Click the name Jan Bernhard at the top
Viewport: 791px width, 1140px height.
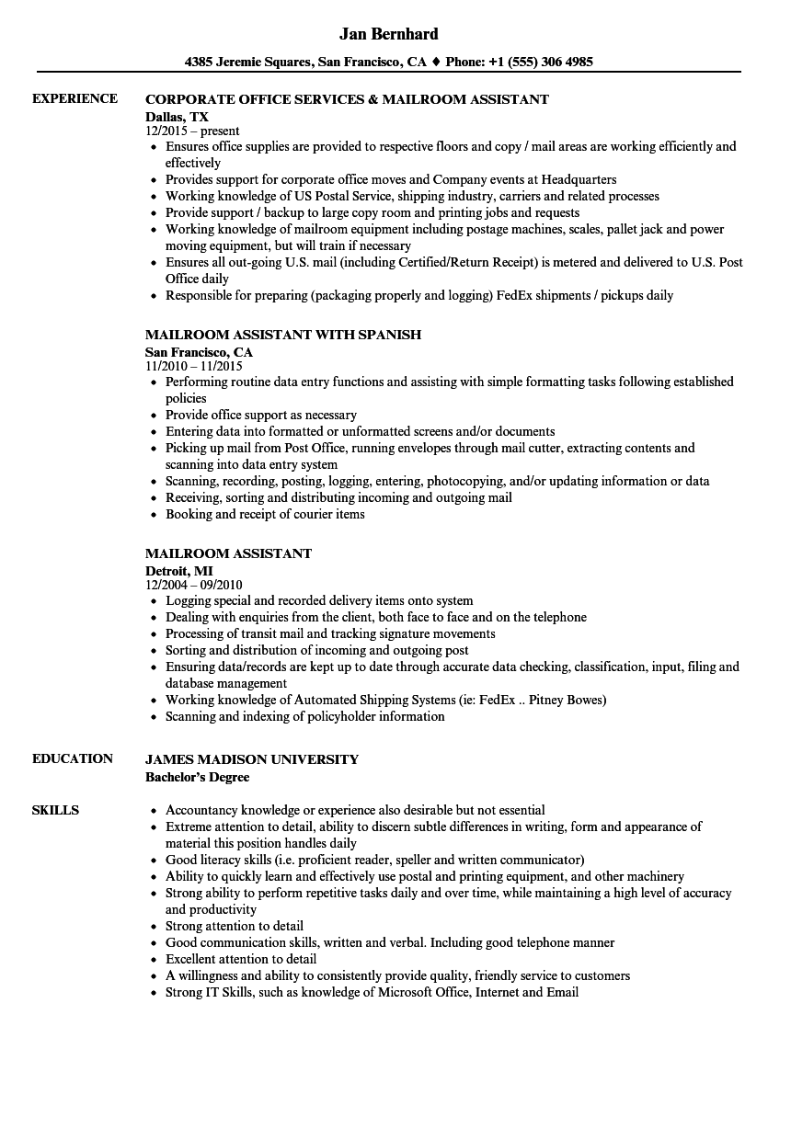388,34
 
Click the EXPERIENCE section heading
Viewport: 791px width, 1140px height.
75,98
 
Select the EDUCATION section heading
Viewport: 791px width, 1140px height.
73,758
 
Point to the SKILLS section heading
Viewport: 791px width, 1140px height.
55,810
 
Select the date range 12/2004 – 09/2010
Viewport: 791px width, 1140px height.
193,585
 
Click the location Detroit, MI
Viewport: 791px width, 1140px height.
178,570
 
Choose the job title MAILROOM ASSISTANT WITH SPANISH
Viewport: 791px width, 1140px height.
283,335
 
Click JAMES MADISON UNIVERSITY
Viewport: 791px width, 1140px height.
252,759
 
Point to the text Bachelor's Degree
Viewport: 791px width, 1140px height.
197,776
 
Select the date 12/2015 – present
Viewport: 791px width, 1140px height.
192,131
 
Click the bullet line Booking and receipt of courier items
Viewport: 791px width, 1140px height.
265,514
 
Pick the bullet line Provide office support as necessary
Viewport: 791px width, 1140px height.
261,415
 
